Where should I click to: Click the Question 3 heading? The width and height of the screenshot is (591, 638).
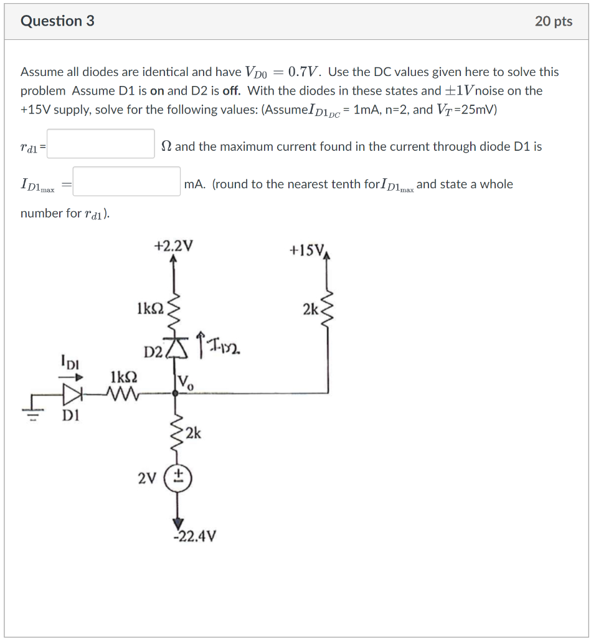57,21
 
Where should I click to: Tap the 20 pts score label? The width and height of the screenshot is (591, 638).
553,21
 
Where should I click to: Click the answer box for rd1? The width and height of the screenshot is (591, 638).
100,144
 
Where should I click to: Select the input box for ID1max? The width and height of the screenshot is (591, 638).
126,181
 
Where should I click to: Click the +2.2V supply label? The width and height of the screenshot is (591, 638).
173,245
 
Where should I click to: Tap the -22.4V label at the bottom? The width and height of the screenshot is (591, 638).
194,536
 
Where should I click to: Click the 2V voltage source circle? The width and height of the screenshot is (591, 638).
177,478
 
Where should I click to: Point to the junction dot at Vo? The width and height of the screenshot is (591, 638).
175,393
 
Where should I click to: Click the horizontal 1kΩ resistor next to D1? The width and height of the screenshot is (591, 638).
123,394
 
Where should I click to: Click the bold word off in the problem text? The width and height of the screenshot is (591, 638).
231,90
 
